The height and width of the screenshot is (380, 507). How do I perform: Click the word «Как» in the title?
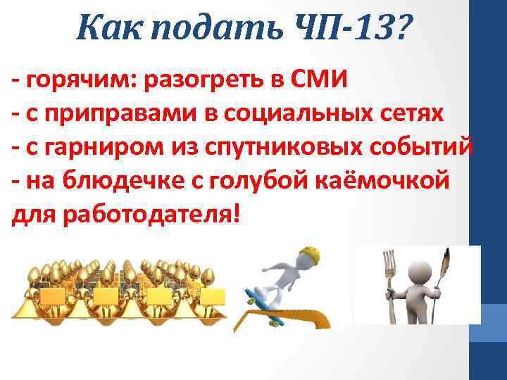click(105, 29)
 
